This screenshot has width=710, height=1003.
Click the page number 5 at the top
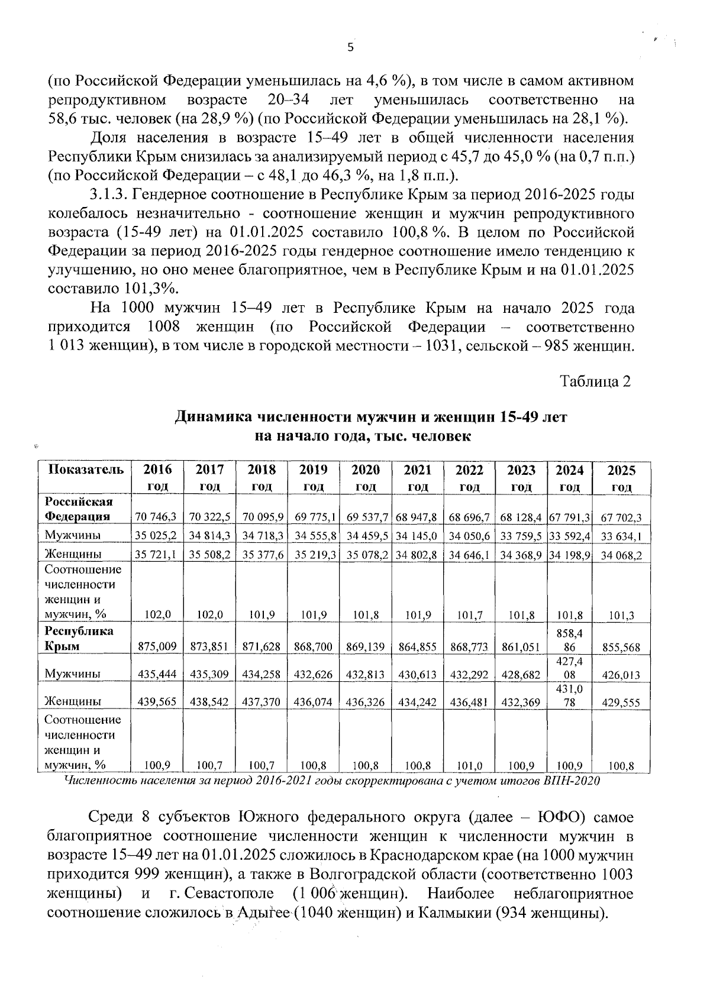click(x=350, y=48)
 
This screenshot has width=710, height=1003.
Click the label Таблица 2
click(x=596, y=381)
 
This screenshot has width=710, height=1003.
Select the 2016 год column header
click(x=157, y=478)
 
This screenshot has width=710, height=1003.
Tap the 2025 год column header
click(x=621, y=478)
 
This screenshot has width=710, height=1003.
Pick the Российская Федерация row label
click(x=79, y=509)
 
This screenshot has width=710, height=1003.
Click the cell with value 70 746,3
click(x=156, y=517)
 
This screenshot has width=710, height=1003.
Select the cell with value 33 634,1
click(x=621, y=537)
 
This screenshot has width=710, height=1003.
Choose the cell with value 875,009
click(x=157, y=647)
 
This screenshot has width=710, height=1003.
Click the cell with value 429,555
click(x=621, y=703)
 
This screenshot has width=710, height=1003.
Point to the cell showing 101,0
click(x=470, y=767)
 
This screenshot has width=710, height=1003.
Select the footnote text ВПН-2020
click(x=575, y=781)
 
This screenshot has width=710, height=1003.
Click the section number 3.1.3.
click(x=109, y=195)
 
